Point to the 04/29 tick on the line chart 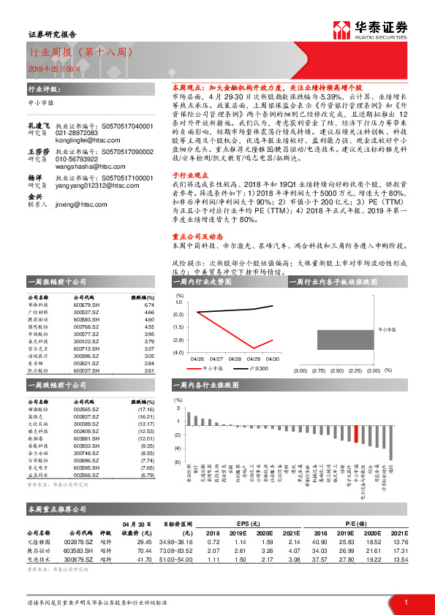[x=254, y=359]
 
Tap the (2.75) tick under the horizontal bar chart [x=317, y=371]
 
